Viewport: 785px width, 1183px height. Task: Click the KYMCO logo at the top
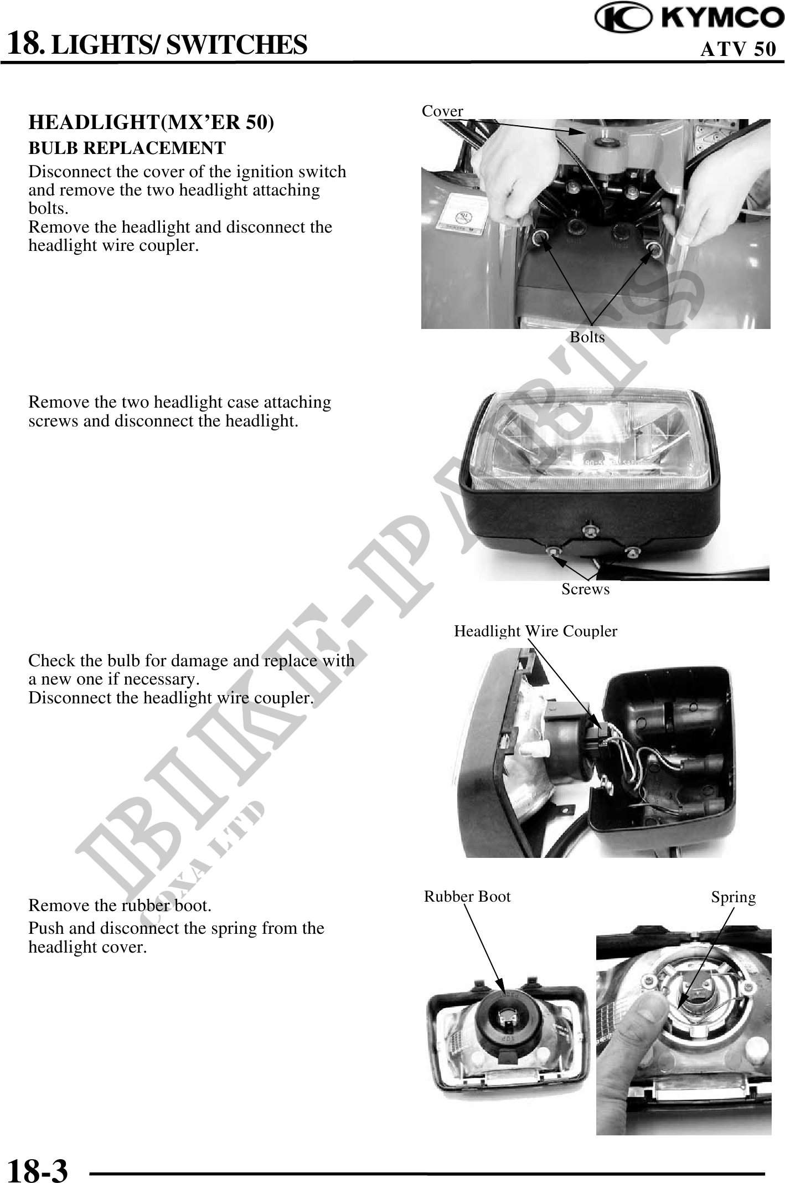(x=690, y=19)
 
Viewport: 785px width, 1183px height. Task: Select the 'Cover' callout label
(x=442, y=111)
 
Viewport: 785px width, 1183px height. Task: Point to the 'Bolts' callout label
(x=587, y=337)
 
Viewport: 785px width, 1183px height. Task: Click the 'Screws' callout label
(x=585, y=589)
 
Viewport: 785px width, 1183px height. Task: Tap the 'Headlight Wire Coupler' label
(x=535, y=631)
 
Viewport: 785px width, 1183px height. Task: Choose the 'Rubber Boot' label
(x=467, y=896)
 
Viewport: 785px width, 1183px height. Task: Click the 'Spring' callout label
(x=734, y=897)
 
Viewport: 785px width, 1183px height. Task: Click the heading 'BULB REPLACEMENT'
(x=127, y=148)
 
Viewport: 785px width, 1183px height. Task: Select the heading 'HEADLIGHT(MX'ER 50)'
(x=151, y=122)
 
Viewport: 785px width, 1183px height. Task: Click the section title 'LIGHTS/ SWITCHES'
(x=182, y=44)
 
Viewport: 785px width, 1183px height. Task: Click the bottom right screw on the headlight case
(x=633, y=552)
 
